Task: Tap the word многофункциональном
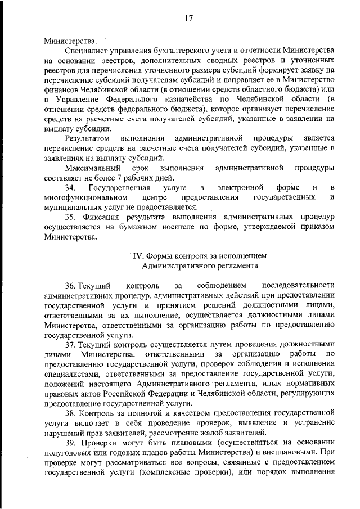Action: point(83,197)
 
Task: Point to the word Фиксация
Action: point(102,217)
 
